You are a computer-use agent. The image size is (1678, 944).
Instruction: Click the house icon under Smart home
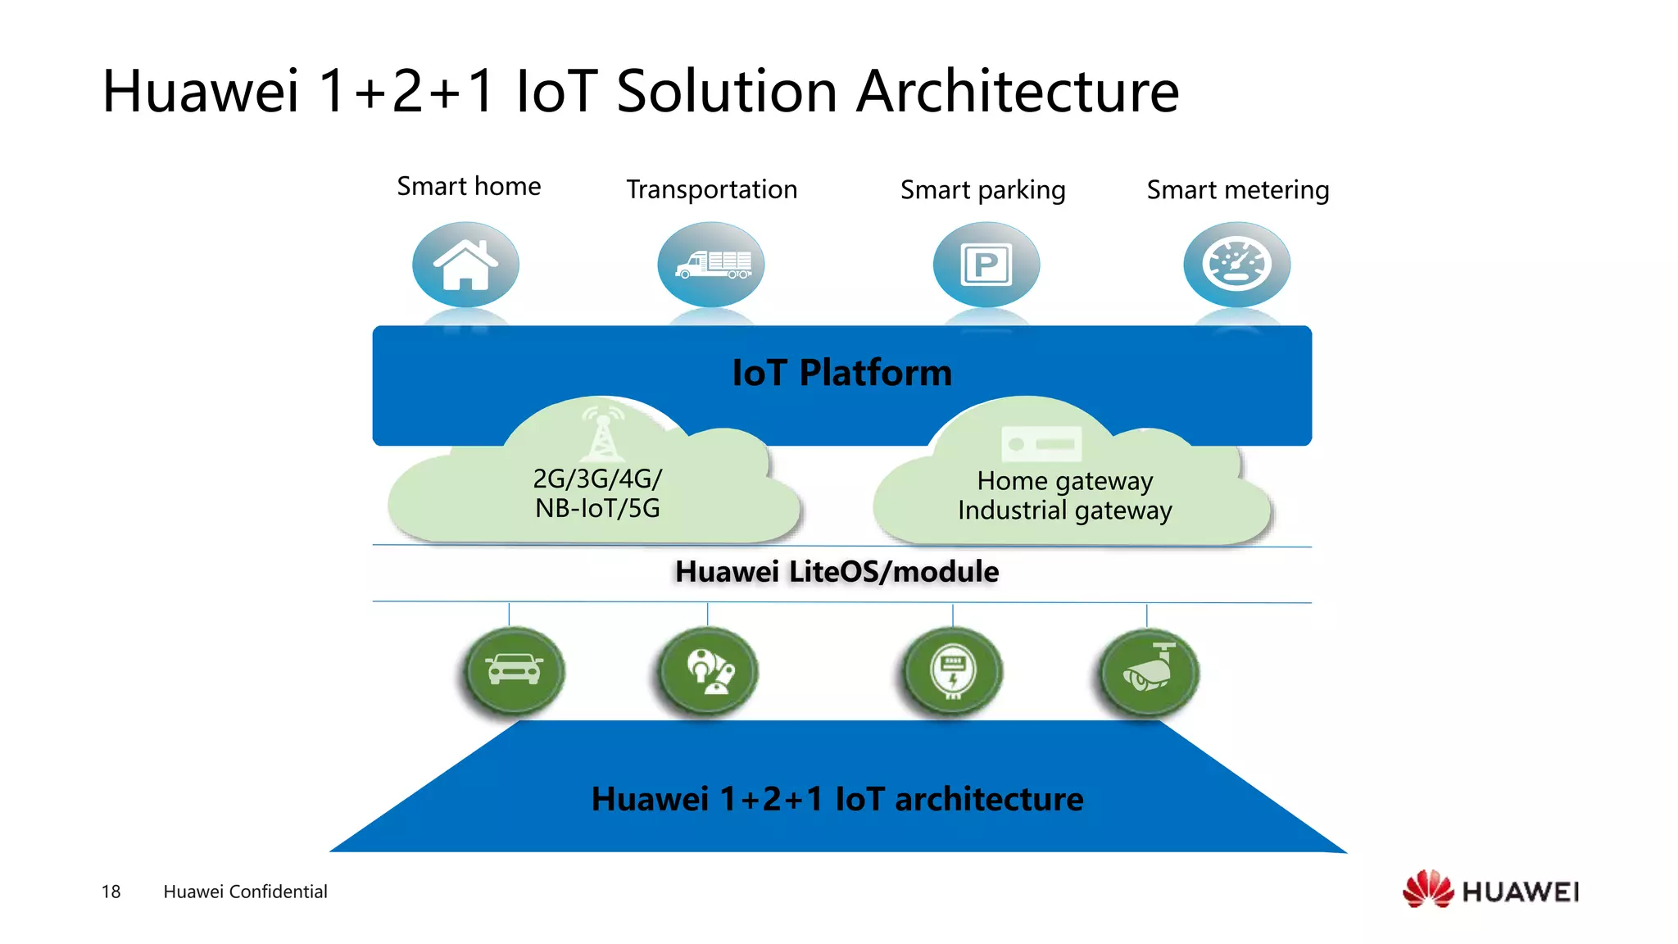(465, 265)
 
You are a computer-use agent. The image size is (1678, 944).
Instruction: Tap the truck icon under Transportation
(711, 265)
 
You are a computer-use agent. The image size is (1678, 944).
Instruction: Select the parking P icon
(986, 265)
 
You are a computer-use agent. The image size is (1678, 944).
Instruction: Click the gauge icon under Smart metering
(1236, 265)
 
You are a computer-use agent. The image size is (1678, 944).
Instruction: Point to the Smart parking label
(982, 190)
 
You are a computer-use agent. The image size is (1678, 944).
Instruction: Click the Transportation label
(711, 189)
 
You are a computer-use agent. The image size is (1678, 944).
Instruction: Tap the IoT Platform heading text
(841, 373)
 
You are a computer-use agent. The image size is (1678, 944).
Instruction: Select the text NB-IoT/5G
(597, 508)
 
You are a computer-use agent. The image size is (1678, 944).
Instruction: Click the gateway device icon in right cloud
(1041, 444)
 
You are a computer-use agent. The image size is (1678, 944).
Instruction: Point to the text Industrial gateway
(1064, 511)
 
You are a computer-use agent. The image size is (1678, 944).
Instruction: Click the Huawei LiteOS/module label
(837, 572)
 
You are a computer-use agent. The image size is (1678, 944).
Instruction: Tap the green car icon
(514, 670)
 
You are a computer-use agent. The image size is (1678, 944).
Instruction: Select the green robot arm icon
(709, 670)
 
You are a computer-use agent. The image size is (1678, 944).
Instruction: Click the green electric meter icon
(953, 670)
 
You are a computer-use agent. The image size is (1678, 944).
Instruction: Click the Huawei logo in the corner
(1490, 890)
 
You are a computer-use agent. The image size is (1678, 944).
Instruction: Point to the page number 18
(111, 892)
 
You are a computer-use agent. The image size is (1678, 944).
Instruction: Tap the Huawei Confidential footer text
(245, 892)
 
